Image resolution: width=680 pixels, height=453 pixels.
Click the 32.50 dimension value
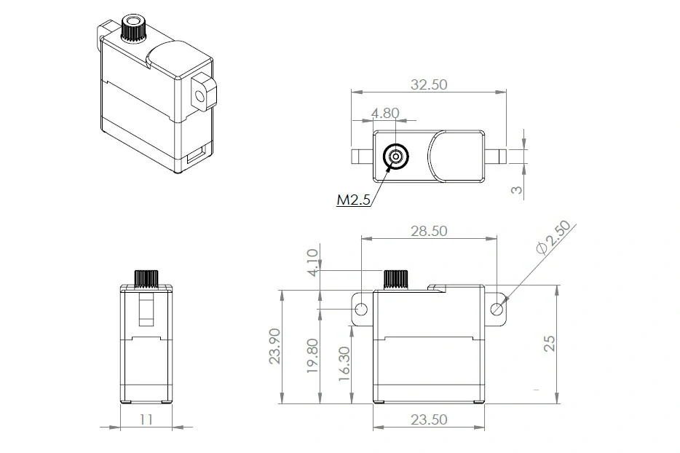point(428,84)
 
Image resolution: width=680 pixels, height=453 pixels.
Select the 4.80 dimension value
point(385,113)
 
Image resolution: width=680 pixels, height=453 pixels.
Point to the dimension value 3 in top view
point(515,190)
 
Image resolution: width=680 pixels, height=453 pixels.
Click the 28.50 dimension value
point(428,231)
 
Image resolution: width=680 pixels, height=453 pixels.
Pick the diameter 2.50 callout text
point(554,237)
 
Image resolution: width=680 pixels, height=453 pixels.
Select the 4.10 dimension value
point(312,262)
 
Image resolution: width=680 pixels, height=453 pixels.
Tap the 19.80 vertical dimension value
point(312,356)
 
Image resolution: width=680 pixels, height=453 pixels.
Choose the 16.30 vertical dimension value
point(344,362)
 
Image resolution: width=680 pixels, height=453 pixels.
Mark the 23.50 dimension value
point(428,420)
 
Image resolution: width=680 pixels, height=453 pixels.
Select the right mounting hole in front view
point(497,308)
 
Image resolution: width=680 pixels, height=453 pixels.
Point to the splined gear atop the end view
point(146,279)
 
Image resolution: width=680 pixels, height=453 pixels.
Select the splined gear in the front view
point(395,279)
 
